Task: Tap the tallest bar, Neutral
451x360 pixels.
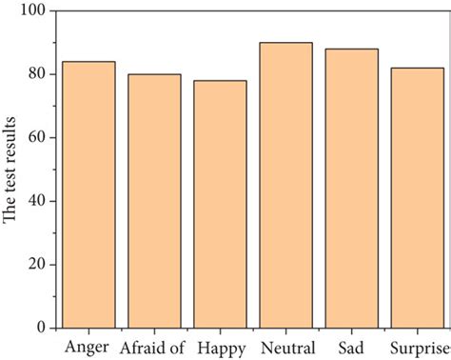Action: coord(285,185)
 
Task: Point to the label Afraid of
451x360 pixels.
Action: coord(152,346)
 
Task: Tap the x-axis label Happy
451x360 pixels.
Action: coord(220,346)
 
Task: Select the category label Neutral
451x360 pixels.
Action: coord(285,346)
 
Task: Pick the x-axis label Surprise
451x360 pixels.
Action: coord(416,346)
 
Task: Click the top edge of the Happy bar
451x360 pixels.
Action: coord(220,81)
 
